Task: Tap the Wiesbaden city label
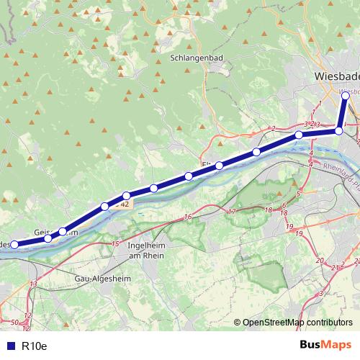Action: tap(337, 76)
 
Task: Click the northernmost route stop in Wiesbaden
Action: tap(346, 95)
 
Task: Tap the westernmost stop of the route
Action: tap(14, 245)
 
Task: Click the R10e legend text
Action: tap(34, 346)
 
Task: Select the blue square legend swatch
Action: tap(9, 346)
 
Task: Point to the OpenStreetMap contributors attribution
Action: tap(297, 323)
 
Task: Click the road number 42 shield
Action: tap(125, 204)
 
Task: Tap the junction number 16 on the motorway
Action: tap(188, 217)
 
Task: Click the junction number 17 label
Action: tap(232, 212)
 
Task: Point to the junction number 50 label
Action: tap(15, 322)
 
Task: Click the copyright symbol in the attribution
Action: tap(238, 323)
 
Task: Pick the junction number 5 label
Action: tap(297, 194)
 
